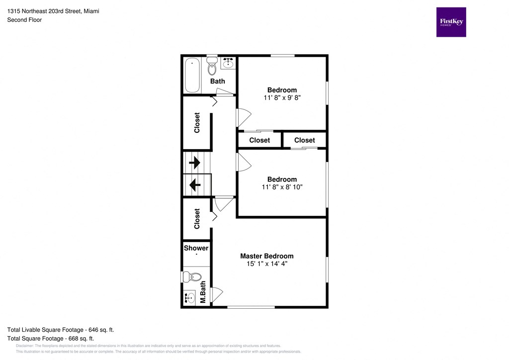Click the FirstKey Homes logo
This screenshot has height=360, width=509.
451,22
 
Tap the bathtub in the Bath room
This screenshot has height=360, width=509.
193,76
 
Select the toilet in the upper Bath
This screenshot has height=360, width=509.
212,65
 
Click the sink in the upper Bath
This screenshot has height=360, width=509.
228,63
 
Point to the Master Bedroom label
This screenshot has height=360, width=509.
266,256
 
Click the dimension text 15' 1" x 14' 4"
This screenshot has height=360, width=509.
266,264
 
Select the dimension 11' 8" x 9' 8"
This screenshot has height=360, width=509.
282,98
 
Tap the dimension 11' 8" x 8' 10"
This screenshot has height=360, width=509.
282,187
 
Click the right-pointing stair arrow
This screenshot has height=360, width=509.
194,162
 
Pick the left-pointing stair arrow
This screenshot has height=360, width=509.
194,185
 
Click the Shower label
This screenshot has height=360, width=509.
196,248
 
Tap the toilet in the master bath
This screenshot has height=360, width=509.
192,277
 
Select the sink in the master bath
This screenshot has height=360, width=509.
189,298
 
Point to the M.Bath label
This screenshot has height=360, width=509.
203,292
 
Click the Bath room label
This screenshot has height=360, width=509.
217,81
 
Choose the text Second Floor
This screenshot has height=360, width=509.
24,20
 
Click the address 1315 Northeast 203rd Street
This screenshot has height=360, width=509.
53,11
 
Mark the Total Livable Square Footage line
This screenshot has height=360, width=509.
63,330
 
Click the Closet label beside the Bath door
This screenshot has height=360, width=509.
197,123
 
